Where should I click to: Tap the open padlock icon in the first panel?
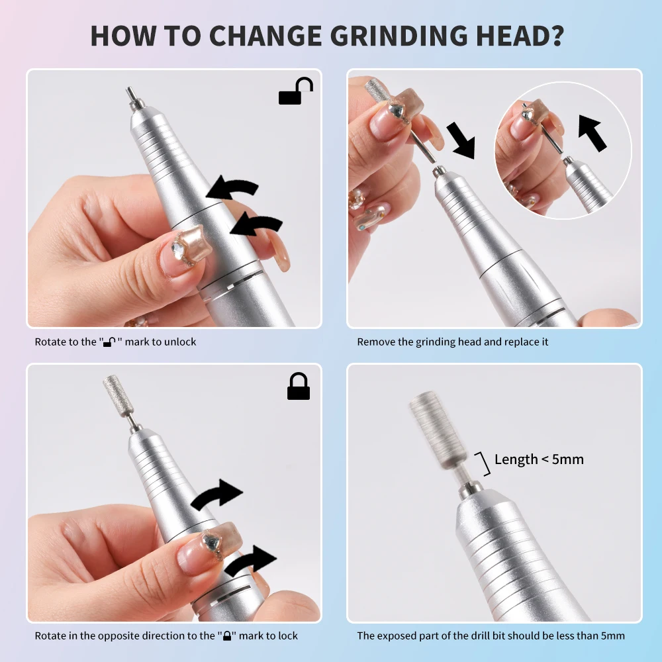(x=295, y=91)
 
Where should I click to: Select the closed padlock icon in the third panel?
(x=299, y=387)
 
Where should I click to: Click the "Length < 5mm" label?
(x=539, y=459)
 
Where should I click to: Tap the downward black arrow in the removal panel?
(x=461, y=140)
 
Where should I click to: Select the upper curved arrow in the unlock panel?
(x=233, y=188)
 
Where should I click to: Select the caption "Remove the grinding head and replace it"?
(x=453, y=342)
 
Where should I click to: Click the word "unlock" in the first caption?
(x=181, y=342)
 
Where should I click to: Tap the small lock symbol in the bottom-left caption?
(x=227, y=636)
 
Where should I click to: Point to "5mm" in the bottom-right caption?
(x=612, y=636)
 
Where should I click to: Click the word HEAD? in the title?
(x=525, y=35)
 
